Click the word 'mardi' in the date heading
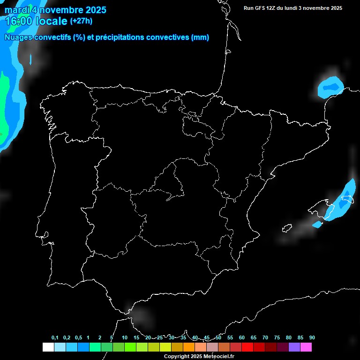(x=16, y=10)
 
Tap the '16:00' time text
(x=18, y=21)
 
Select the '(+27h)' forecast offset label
(x=81, y=21)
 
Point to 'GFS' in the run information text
(x=261, y=8)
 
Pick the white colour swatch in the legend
(x=48, y=347)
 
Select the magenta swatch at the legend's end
(x=306, y=347)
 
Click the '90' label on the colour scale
(x=312, y=337)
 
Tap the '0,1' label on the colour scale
(x=55, y=337)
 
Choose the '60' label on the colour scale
(x=242, y=337)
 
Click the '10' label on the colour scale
(x=124, y=337)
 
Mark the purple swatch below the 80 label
(x=294, y=347)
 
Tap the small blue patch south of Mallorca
(x=317, y=225)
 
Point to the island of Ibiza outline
(x=286, y=228)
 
